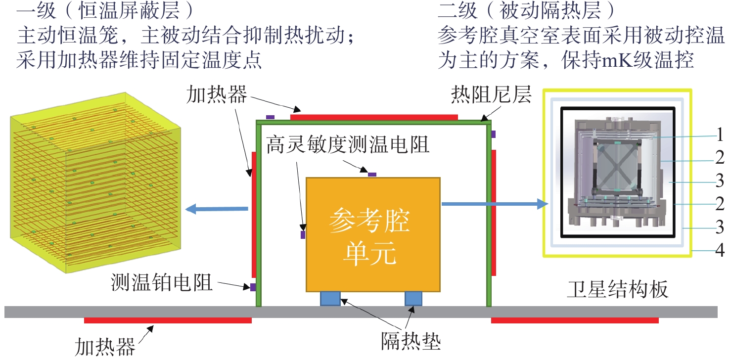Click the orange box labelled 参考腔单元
point(373,234)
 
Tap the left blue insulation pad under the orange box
point(330,299)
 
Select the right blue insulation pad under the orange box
point(413,299)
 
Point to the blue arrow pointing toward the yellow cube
point(217,209)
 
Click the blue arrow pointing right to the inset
point(495,204)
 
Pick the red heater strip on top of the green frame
point(374,117)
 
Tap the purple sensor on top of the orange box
point(372,175)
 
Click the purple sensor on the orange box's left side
point(303,234)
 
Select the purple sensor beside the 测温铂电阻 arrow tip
point(253,287)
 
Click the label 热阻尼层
point(491,95)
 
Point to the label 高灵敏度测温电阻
point(347,145)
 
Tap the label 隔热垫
point(411,341)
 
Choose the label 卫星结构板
point(618,289)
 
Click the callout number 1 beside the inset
point(720,135)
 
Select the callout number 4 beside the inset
point(720,250)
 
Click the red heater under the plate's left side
point(168,320)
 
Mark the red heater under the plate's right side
point(575,320)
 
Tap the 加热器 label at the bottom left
point(105,347)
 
